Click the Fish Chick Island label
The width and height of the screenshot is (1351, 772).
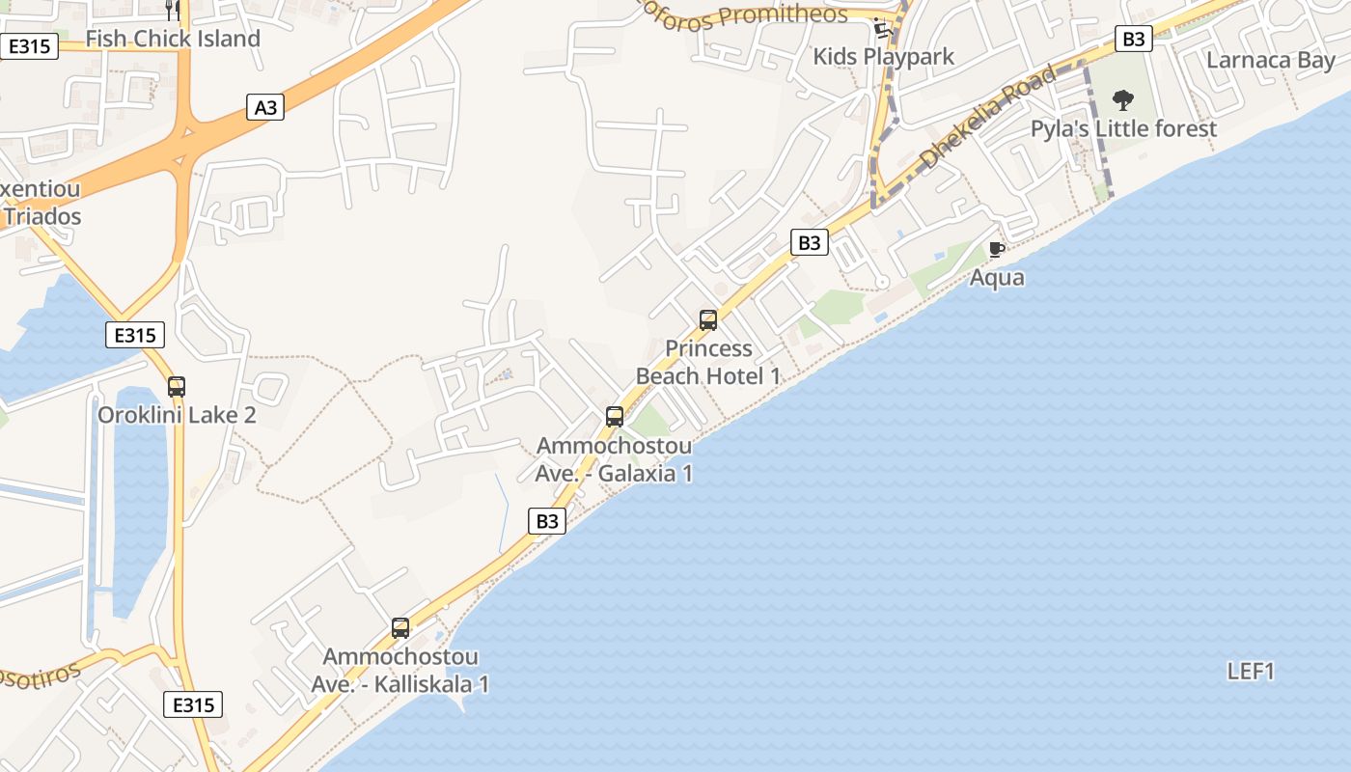coord(173,40)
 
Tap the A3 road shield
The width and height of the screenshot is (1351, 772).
coord(265,107)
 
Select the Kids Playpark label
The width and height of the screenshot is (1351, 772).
coord(883,57)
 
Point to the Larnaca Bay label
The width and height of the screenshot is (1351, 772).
coord(1271,60)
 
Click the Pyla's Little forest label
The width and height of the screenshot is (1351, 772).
coord(1123,129)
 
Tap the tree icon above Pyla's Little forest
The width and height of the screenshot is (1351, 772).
coord(1122,99)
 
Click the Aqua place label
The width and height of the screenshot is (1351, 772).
coord(997,278)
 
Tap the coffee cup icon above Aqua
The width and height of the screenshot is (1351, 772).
coord(997,250)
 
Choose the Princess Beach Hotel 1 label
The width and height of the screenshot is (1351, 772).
coord(708,362)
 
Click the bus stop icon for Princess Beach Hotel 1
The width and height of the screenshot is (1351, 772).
coord(708,320)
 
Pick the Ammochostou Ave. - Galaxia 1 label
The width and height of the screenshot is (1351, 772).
coord(614,459)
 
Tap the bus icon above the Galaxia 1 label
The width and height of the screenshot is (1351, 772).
coord(615,417)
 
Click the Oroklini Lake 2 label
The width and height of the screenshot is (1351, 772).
coord(177,415)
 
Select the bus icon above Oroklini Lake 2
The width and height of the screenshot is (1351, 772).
coord(177,386)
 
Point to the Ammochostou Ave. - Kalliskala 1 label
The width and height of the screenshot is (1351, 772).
coord(400,670)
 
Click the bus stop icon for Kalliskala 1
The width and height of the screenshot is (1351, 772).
coord(400,628)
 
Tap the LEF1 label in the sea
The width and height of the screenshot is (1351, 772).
coord(1251,672)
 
